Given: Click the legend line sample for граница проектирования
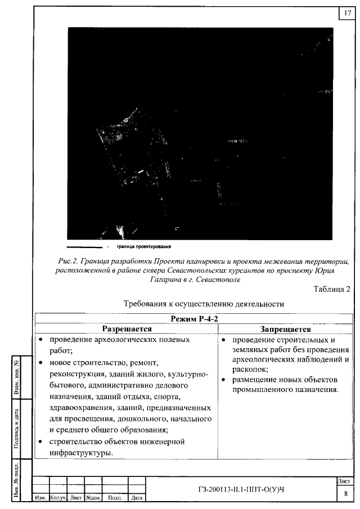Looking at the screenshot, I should click(x=84, y=246).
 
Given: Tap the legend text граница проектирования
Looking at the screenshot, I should click(x=143, y=246).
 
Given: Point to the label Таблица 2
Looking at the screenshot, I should click(x=332, y=289).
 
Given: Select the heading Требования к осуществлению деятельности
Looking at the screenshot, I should click(x=202, y=304).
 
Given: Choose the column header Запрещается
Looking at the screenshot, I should click(x=285, y=329).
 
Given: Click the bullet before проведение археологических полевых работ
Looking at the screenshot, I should click(x=42, y=340).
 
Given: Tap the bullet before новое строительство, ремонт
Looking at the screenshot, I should click(x=42, y=363).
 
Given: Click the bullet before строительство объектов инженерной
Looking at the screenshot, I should click(x=42, y=442).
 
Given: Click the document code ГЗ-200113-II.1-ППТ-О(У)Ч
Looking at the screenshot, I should click(x=241, y=489).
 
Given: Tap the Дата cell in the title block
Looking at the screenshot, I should click(x=137, y=498).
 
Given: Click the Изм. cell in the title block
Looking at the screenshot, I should click(x=41, y=498).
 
